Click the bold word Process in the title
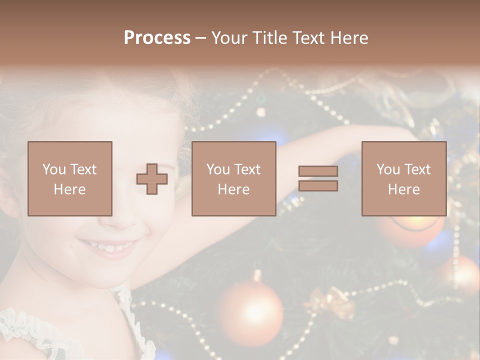(157, 38)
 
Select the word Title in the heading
(268, 38)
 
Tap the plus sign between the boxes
(152, 179)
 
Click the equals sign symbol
(318, 178)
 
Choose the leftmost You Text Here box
(70, 179)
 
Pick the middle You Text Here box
(234, 179)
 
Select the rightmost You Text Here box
(404, 179)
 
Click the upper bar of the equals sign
(318, 171)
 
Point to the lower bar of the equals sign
(318, 186)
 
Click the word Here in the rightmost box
(404, 189)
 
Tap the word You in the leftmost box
(53, 169)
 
